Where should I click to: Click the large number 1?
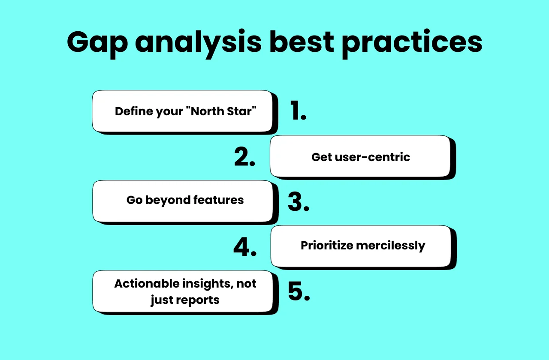tap(298, 111)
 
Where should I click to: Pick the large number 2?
tap(244, 157)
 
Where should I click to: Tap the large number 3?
tap(298, 202)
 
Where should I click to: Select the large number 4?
tap(245, 247)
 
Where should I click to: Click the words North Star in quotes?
tap(223, 111)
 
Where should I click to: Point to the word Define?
tap(131, 111)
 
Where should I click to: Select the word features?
tap(219, 200)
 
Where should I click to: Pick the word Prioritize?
tap(327, 246)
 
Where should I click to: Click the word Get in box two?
tap(321, 157)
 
